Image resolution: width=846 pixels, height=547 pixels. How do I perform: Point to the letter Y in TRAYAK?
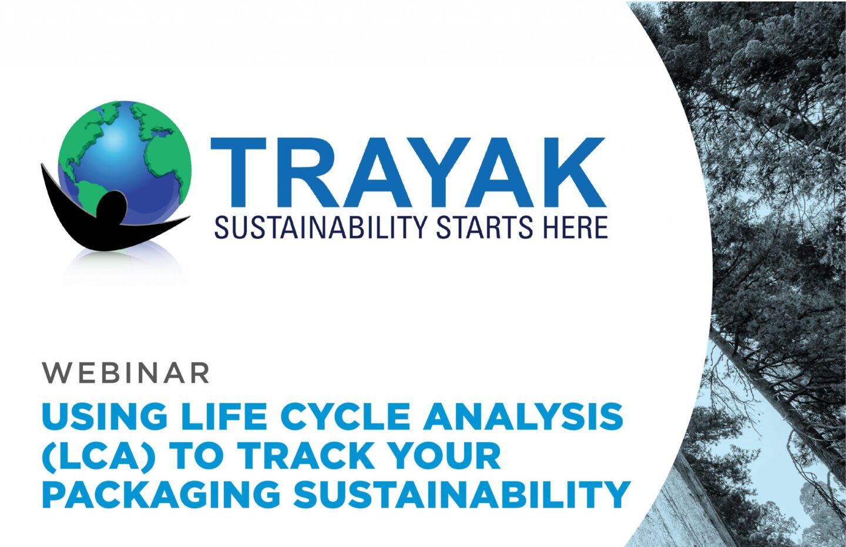coord(448,174)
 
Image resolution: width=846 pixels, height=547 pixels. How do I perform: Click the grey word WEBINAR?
coord(126,372)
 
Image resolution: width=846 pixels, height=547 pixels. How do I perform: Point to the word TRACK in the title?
coord(311,456)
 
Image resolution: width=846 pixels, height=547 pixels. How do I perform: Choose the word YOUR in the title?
coord(447,456)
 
